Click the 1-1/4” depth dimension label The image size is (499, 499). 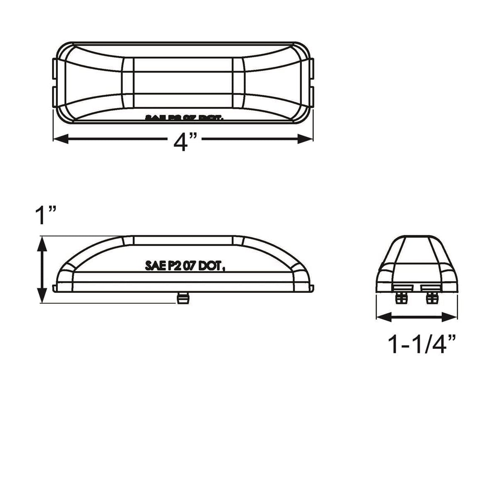421,344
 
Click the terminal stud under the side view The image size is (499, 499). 182,298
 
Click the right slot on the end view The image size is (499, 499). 430,288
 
